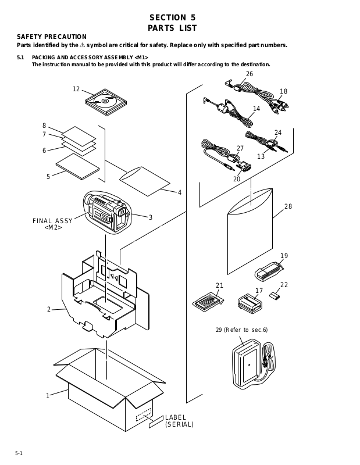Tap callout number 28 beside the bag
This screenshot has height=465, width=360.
point(288,207)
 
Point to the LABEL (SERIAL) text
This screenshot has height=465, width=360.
point(179,421)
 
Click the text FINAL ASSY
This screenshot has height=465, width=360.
point(52,220)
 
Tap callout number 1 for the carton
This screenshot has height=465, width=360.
point(48,396)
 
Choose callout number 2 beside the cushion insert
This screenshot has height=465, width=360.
point(49,309)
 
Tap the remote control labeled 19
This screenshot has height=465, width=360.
point(269,270)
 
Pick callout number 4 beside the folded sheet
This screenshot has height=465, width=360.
point(180,192)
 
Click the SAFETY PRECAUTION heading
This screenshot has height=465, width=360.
point(52,37)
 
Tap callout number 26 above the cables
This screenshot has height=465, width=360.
point(249,74)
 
